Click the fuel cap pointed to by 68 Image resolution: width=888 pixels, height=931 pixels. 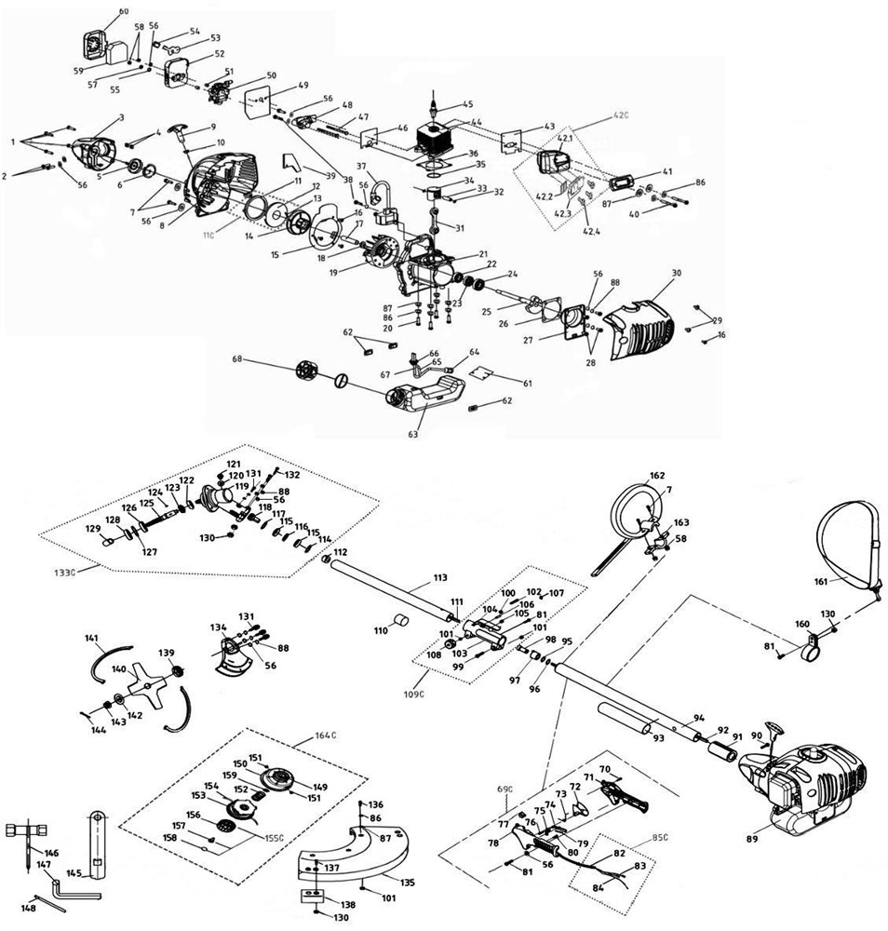[x=307, y=370]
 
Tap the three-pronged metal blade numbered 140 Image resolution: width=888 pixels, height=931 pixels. [x=146, y=684]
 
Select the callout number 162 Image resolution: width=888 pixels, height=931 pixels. [x=657, y=475]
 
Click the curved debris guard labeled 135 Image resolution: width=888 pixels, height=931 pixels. [x=363, y=857]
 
